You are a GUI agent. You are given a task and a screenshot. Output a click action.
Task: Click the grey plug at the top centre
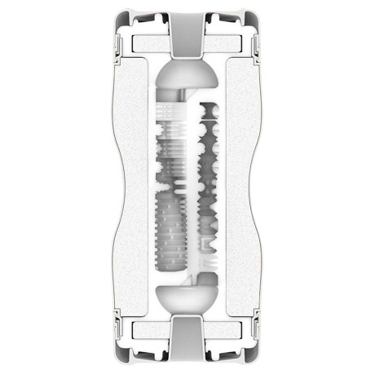pyautogui.click(x=187, y=33)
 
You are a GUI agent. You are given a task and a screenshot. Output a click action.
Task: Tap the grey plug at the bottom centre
pyautogui.click(x=187, y=342)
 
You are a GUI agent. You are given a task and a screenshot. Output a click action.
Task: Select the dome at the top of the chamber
pyautogui.click(x=187, y=77)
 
